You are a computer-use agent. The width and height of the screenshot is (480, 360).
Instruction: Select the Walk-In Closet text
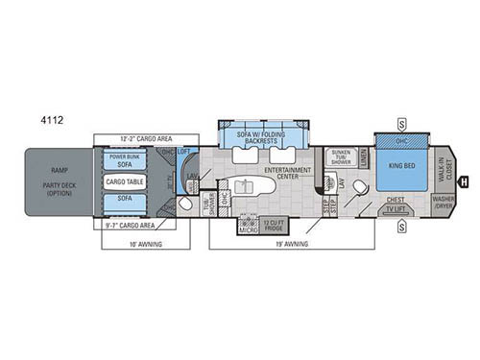tap(442, 172)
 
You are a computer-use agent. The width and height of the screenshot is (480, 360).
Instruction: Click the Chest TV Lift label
tap(396, 204)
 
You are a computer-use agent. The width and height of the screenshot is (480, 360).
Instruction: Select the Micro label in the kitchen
tap(248, 228)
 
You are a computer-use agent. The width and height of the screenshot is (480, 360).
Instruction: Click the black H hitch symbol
tap(464, 181)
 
